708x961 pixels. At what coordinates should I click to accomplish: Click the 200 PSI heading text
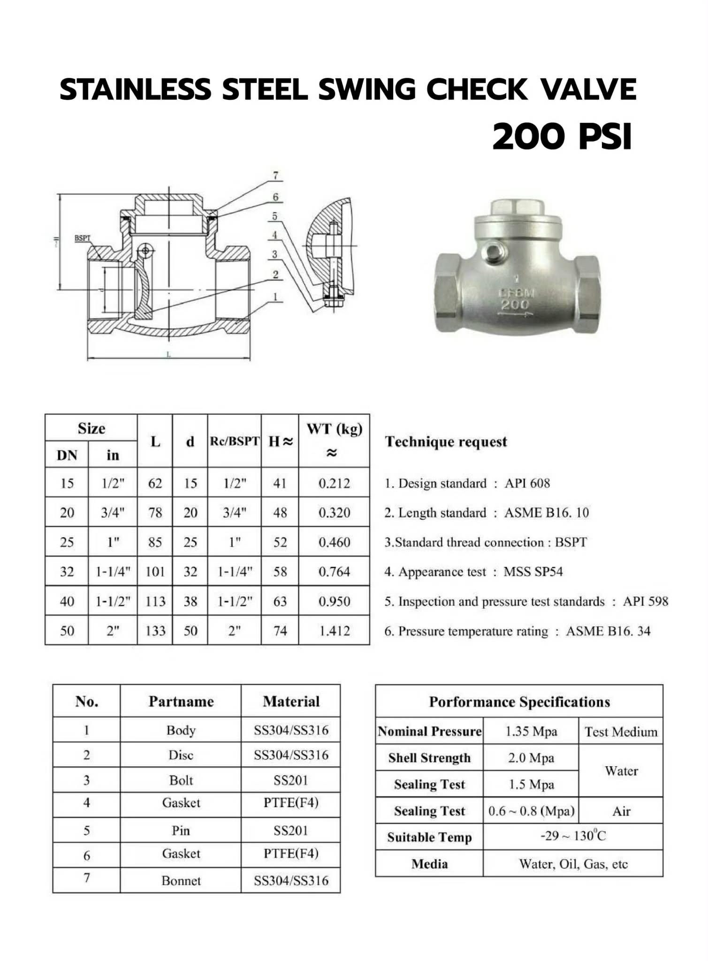(562, 136)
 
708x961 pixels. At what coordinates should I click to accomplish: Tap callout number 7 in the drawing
(275, 175)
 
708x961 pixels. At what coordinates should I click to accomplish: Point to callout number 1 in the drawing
(275, 297)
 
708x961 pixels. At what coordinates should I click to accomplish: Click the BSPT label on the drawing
(82, 238)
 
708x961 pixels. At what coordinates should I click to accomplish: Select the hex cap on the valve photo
(517, 207)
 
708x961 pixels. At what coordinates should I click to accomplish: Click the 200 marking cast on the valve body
(515, 305)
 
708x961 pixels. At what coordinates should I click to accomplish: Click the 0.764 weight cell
(334, 572)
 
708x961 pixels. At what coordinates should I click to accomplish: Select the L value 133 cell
(155, 631)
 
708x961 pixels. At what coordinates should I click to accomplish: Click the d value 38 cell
(190, 601)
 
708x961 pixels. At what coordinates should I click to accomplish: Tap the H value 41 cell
(280, 483)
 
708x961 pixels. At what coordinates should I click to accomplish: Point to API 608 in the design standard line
(527, 483)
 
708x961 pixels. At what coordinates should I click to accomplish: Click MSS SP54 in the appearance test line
(533, 572)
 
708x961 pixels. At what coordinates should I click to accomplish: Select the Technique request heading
(446, 442)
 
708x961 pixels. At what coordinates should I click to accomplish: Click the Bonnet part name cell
(181, 880)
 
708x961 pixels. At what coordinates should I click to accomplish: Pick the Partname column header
(181, 701)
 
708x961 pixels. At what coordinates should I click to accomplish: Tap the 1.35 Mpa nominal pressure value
(531, 731)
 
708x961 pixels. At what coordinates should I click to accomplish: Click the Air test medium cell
(621, 811)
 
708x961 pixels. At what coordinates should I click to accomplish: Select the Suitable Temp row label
(429, 837)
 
